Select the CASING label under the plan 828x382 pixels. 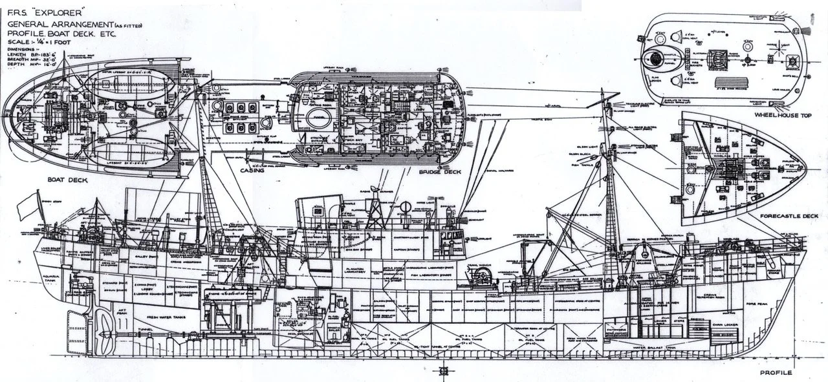(251, 171)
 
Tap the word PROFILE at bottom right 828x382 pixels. (777, 373)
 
